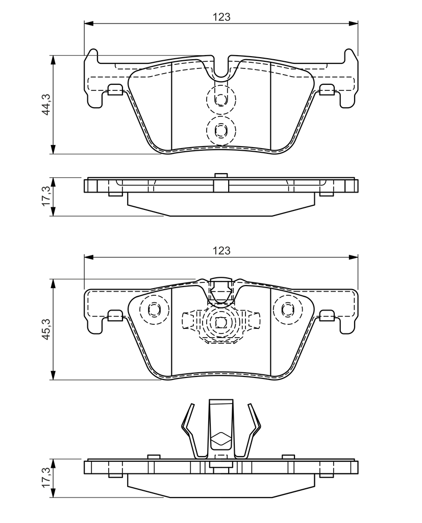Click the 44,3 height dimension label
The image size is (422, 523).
[46, 104]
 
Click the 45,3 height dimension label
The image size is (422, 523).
[46, 329]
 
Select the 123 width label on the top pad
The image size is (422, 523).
[221, 17]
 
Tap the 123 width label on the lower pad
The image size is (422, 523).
[221, 250]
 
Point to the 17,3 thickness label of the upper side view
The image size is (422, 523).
[46, 196]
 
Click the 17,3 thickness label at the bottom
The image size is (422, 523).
[46, 477]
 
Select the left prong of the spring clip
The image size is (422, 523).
[188, 430]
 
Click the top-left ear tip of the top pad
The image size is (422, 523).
[94, 50]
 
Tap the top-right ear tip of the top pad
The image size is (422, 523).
[349, 50]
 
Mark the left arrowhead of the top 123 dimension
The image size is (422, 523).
[88, 23]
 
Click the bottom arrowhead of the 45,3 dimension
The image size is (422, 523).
[53, 375]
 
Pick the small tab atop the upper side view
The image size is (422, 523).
[220, 176]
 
